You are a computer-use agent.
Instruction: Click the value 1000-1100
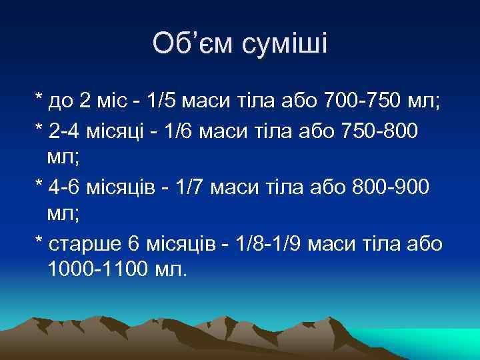tap(91, 271)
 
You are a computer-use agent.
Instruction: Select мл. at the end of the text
tap(163, 271)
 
